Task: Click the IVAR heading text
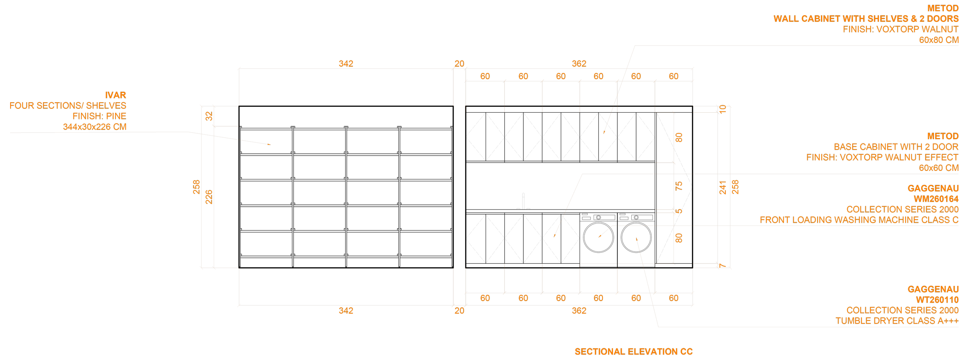coord(115,95)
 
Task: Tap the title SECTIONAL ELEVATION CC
coord(633,352)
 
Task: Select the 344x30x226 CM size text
coord(95,127)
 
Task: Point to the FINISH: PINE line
coord(99,116)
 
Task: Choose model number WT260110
coord(937,300)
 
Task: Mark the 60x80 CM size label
coord(939,40)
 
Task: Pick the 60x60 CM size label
coord(939,168)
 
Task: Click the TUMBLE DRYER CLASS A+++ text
coord(897,321)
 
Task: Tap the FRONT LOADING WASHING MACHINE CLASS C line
coord(859,220)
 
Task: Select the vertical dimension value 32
coord(209,116)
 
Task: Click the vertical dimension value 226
coord(209,197)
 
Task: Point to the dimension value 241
coord(723,187)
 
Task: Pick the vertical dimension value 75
coord(679,186)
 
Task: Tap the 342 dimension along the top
coord(346,64)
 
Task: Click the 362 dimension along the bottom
coord(579,310)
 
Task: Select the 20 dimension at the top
coord(459,64)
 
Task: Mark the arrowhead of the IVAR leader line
coord(270,145)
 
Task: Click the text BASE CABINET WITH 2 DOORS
coord(896,147)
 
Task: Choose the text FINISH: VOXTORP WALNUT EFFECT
coord(883,157)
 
